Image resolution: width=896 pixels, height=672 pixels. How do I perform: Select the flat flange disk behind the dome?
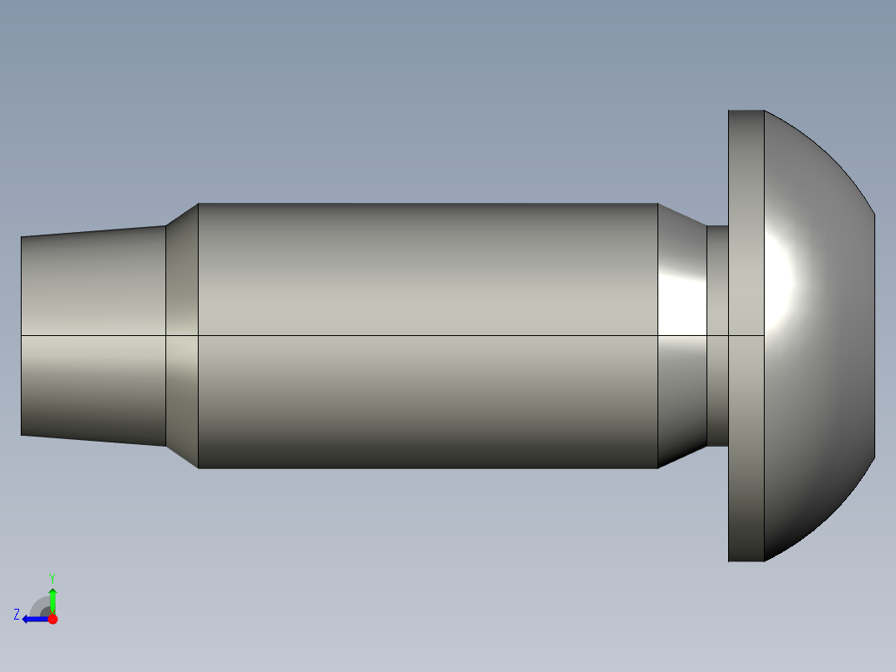746,336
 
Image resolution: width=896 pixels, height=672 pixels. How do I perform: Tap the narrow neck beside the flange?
717,336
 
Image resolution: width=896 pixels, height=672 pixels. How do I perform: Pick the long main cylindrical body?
428,336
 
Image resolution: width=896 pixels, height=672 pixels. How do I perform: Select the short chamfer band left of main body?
182,336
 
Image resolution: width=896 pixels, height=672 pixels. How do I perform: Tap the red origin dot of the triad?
52,619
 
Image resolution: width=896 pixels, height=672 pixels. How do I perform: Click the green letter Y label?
52,577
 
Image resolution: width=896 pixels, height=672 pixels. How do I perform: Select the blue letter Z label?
16,615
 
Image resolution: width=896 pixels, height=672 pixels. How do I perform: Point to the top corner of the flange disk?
730,111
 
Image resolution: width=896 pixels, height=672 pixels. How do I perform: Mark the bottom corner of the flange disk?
730,561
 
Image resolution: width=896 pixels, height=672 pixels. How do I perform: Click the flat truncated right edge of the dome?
874,336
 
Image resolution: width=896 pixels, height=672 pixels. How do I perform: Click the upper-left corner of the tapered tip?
22,238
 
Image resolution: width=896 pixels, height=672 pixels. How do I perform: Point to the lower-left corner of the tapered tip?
22,434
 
